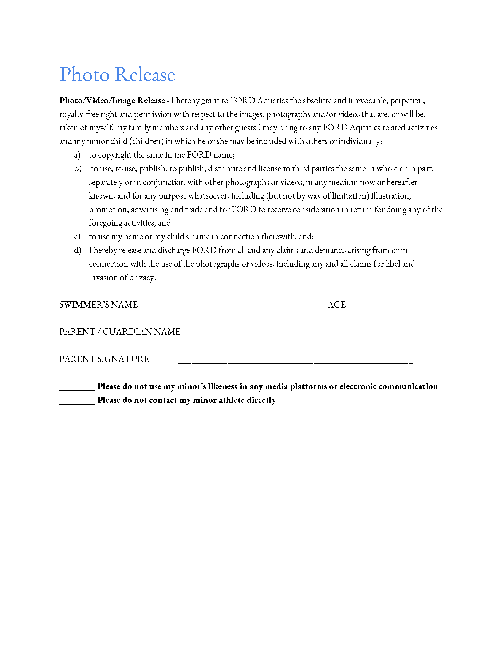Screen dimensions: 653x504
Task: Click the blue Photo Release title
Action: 117,75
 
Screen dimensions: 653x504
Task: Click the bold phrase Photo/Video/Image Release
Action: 112,101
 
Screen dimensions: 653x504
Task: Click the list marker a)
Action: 77,155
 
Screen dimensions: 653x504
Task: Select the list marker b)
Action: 78,169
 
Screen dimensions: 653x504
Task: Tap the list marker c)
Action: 77,237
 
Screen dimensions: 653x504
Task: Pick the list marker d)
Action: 78,250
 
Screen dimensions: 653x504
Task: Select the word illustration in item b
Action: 391,196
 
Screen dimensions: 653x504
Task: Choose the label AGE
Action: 336,305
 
